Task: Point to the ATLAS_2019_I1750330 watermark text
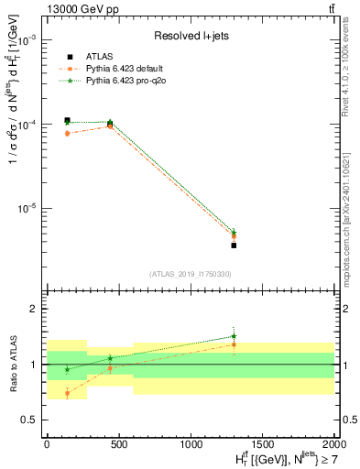190,274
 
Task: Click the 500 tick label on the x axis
118,442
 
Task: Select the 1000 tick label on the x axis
191,442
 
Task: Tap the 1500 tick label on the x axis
263,442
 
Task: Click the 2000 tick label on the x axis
334,442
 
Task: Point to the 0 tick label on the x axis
47,442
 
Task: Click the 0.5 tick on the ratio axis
30,420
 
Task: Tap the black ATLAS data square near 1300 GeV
234,245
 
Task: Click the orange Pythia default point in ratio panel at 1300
234,344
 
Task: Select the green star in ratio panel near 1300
234,336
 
